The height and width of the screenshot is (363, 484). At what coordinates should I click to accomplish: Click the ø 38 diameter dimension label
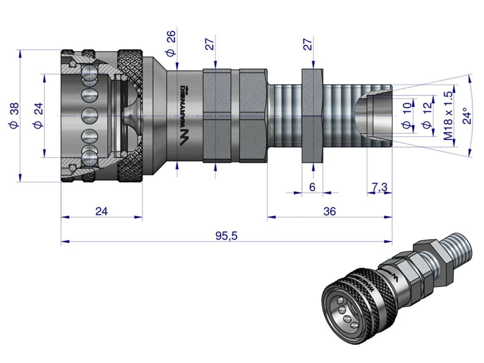click(14, 116)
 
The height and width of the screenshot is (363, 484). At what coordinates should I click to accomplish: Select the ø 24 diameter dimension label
click(38, 116)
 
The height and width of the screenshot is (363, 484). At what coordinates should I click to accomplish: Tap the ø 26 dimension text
click(171, 43)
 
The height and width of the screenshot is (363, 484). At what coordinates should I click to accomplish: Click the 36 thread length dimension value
click(330, 211)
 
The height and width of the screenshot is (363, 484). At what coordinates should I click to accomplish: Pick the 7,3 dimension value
click(379, 187)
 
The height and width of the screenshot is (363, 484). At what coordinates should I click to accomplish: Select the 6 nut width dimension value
click(312, 187)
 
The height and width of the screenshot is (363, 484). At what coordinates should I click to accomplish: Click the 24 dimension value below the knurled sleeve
click(101, 211)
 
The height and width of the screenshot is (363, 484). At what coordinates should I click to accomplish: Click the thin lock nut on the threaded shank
click(312, 116)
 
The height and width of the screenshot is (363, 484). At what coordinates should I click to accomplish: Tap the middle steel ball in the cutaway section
click(88, 115)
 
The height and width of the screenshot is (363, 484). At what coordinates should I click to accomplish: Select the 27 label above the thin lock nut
click(308, 45)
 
